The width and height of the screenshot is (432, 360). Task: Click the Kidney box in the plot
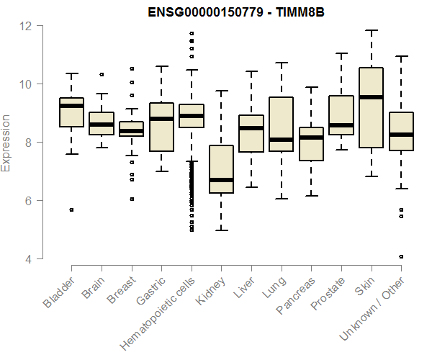pyautogui.click(x=221, y=169)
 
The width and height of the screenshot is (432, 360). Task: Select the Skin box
pyautogui.click(x=371, y=107)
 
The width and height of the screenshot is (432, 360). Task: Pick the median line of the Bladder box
pyautogui.click(x=71, y=106)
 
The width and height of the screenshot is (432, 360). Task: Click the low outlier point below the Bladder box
pyautogui.click(x=71, y=210)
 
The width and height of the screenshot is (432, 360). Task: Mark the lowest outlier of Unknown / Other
pyautogui.click(x=401, y=256)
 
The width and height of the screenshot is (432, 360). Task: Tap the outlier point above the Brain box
pyautogui.click(x=102, y=74)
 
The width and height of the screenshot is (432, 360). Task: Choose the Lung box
pyautogui.click(x=281, y=124)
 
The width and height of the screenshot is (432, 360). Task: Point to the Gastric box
pyautogui.click(x=161, y=127)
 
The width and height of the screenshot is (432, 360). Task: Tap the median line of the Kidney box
pyautogui.click(x=221, y=180)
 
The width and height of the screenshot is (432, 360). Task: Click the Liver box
pyautogui.click(x=251, y=133)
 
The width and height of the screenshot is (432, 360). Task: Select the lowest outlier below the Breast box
pyautogui.click(x=131, y=199)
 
